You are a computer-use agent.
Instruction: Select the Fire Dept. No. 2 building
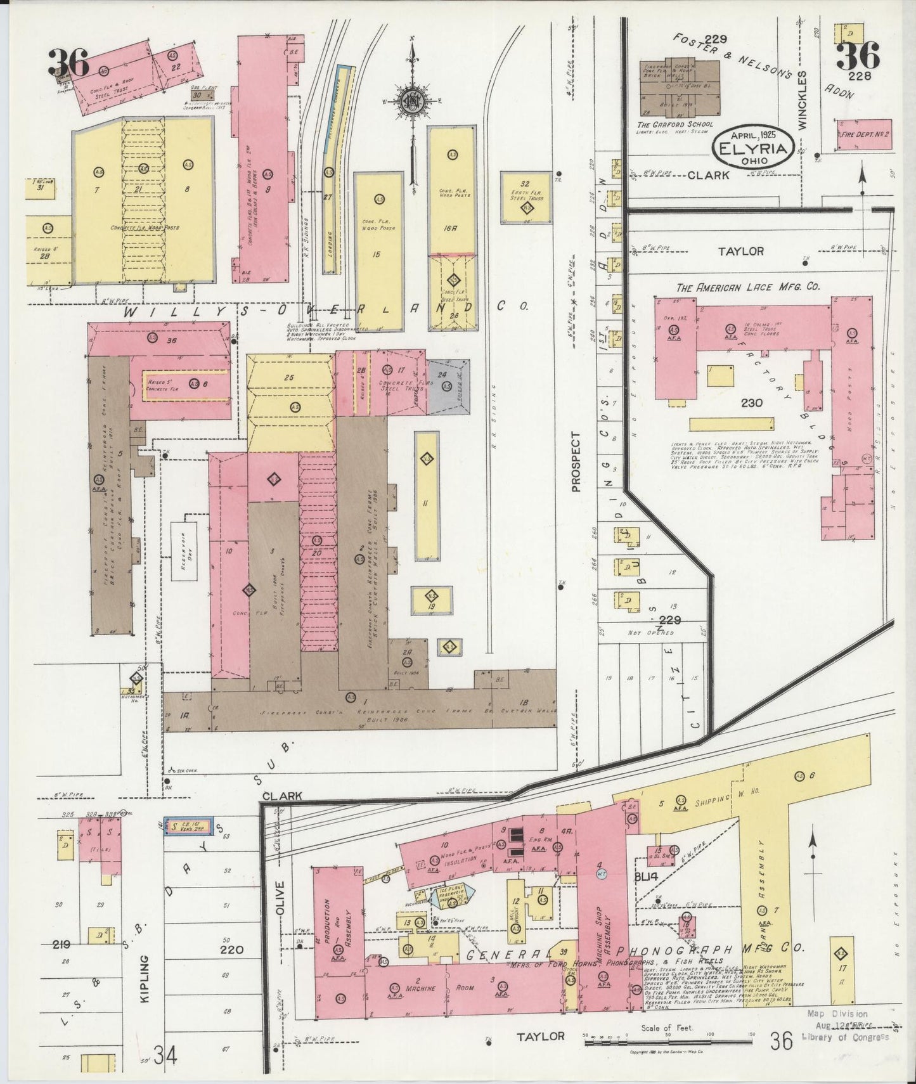(863, 134)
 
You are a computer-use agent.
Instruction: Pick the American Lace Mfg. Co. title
(747, 287)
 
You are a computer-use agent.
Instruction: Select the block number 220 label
(231, 950)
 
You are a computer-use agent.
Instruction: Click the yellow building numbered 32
(524, 197)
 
